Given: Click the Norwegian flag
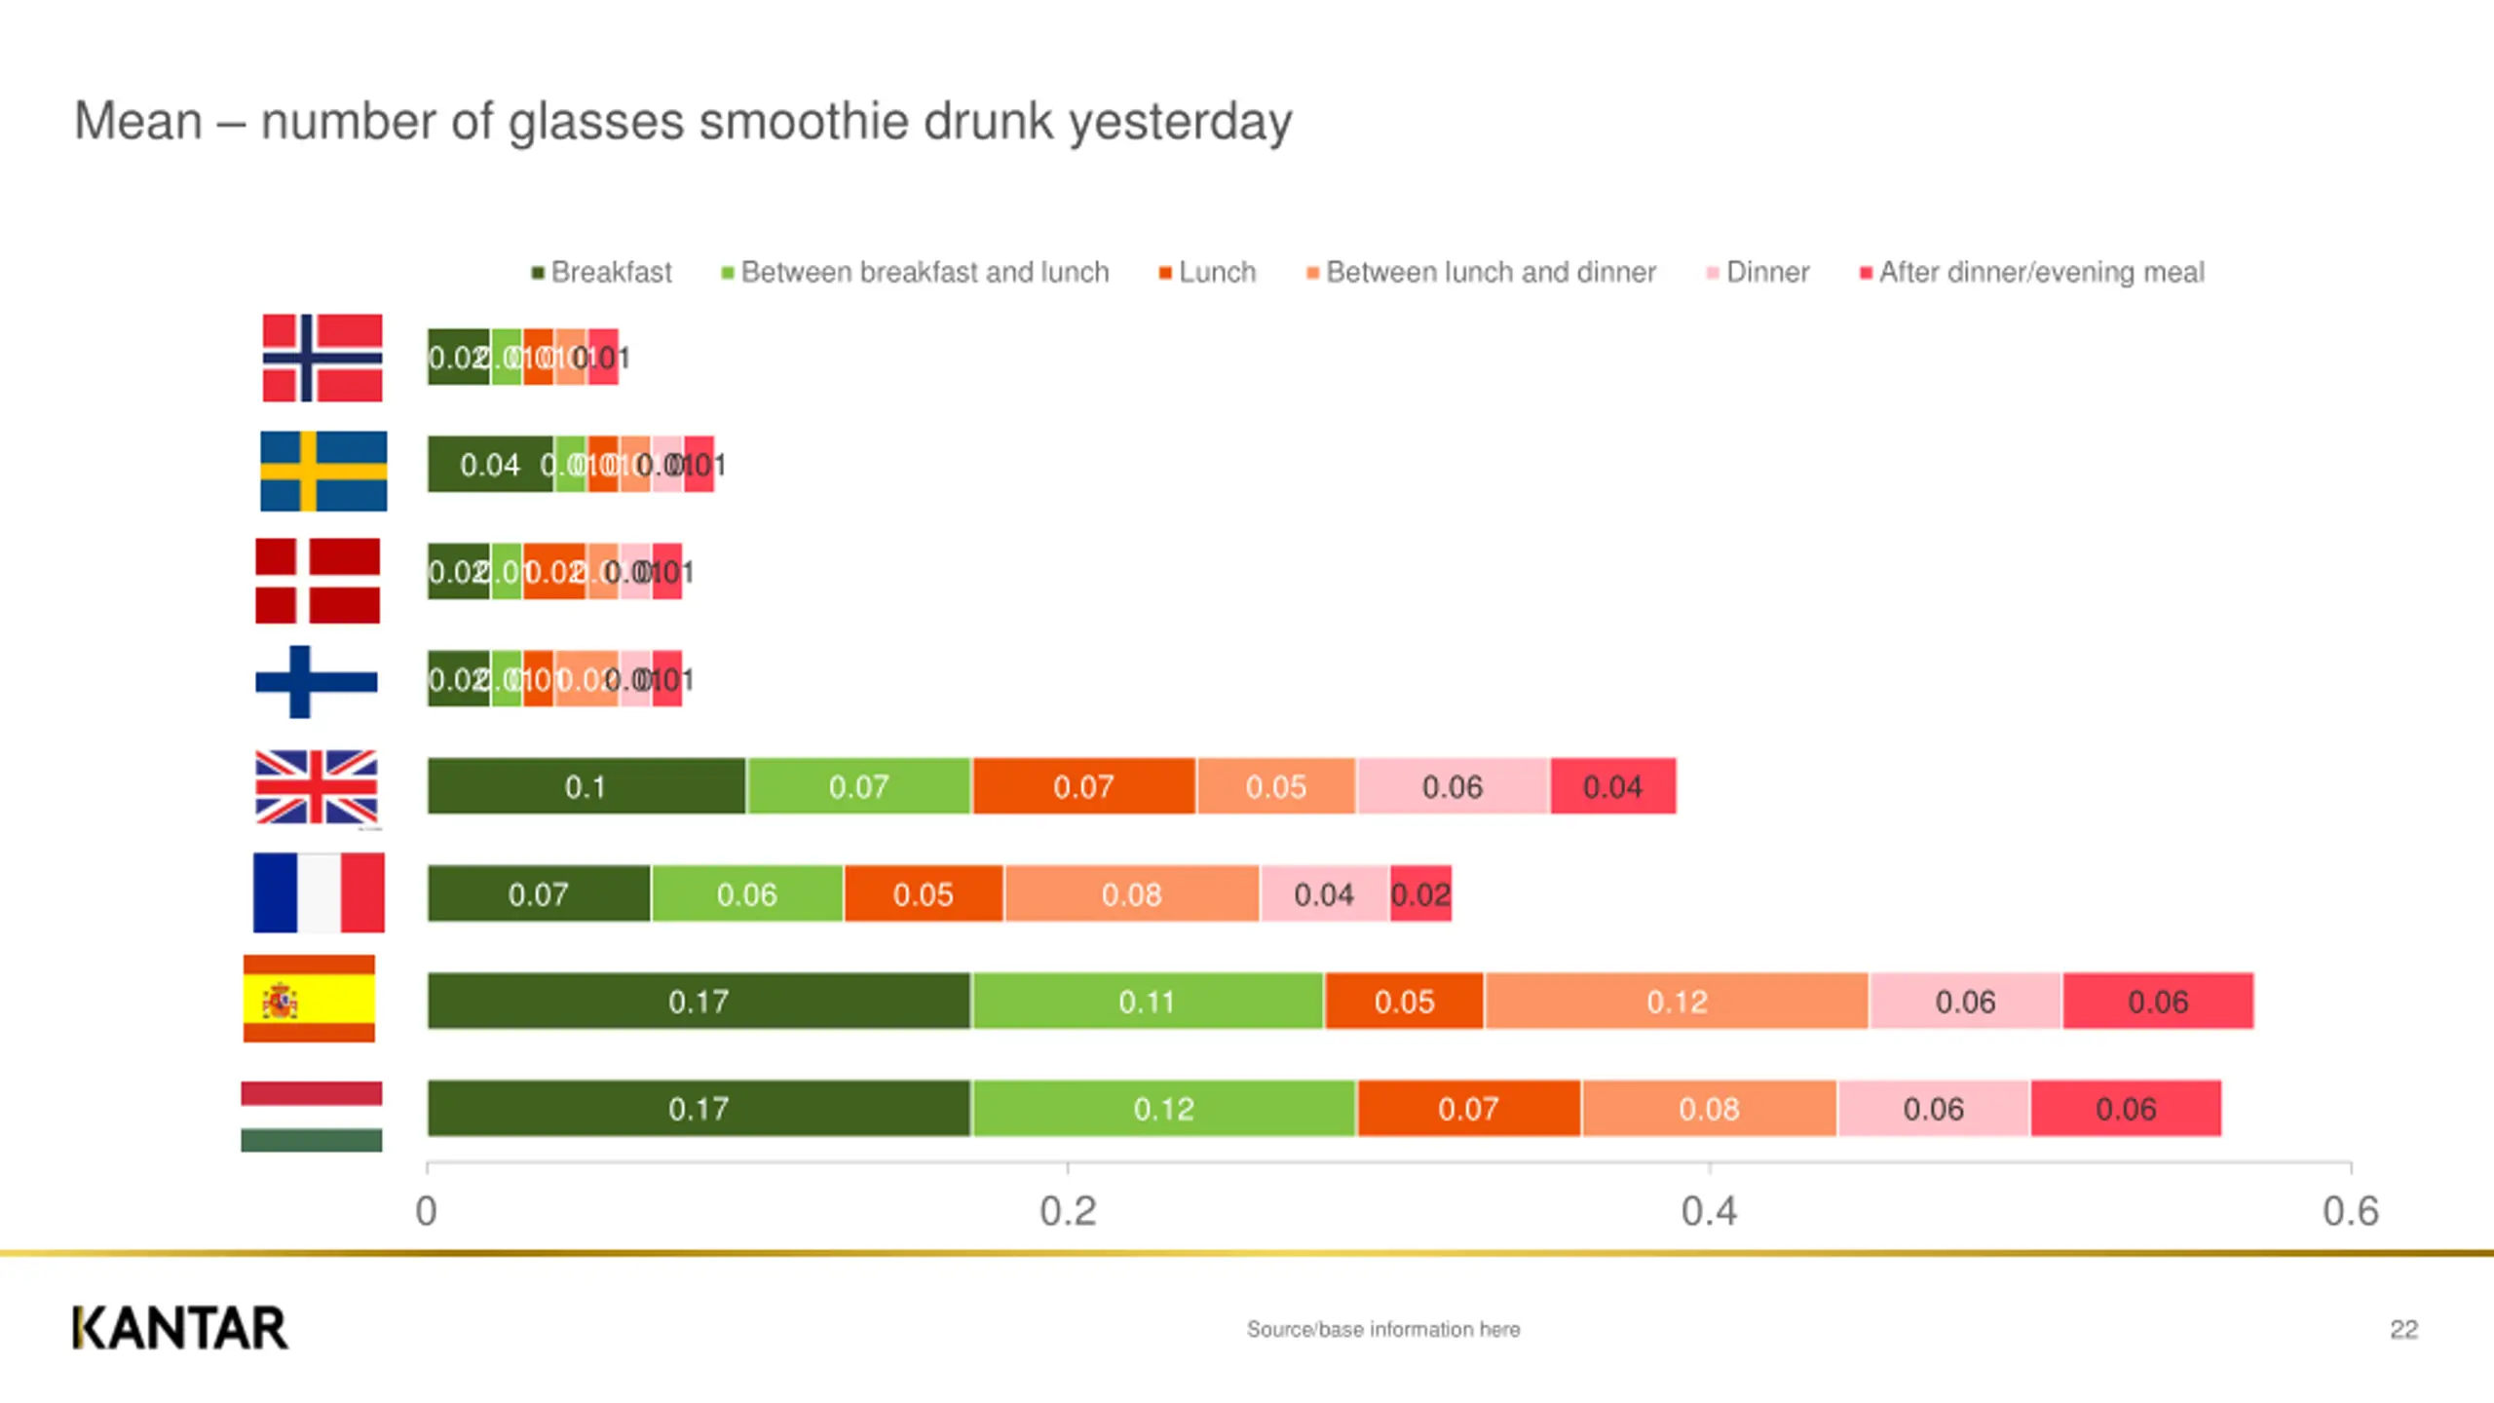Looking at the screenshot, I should click(x=322, y=358).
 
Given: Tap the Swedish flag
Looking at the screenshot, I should click(x=323, y=472).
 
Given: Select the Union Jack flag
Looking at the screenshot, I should click(x=317, y=787).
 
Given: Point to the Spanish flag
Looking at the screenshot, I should click(x=309, y=999).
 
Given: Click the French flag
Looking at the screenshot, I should click(x=319, y=892).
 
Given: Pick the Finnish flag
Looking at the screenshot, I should click(x=316, y=681).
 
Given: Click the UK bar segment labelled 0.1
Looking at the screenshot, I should click(x=586, y=786).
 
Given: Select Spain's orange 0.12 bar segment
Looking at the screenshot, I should click(x=1677, y=1001).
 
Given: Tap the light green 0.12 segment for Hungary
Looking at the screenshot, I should click(x=1164, y=1109).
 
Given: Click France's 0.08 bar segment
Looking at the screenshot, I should click(x=1132, y=893).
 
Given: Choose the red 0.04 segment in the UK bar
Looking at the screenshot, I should click(x=1613, y=786).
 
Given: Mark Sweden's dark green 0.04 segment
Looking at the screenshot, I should click(x=490, y=465).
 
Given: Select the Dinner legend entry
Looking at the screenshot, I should click(x=1758, y=272).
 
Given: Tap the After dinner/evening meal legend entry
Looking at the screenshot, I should click(x=2032, y=272).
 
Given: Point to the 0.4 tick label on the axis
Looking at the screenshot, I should click(x=1709, y=1211).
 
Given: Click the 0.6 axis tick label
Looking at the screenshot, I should click(x=2351, y=1211).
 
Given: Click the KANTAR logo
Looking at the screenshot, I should click(x=180, y=1329).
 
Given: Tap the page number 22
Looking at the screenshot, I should click(x=2403, y=1330).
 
